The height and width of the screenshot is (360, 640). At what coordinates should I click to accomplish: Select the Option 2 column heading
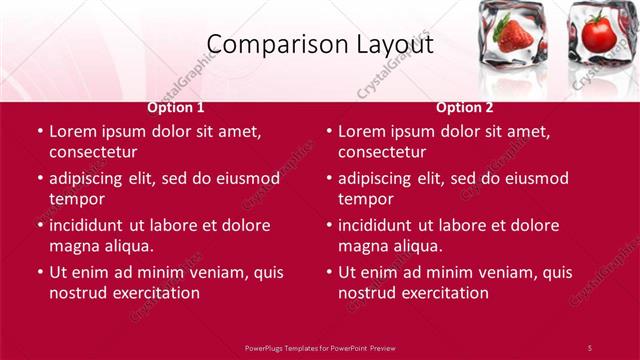464,106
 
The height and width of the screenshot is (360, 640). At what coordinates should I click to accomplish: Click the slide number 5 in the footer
590,347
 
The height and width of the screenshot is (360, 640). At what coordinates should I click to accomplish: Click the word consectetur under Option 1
93,152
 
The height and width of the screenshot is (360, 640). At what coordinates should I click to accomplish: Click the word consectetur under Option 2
382,152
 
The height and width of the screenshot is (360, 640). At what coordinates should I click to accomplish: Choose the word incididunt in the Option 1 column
93,225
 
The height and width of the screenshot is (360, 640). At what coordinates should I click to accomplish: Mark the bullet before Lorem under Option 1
39,131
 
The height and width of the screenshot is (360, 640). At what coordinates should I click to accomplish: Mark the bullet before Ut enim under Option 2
328,272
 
